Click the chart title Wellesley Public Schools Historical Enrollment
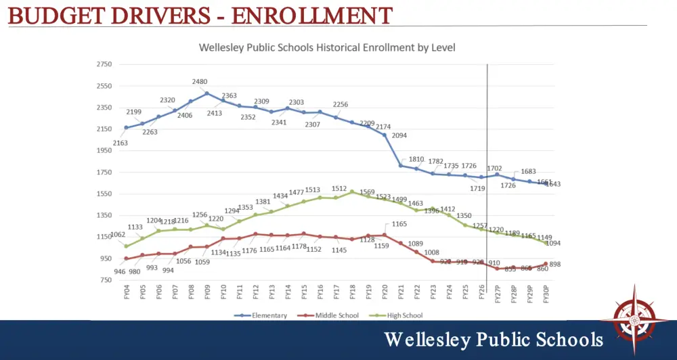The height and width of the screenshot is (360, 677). coord(326,48)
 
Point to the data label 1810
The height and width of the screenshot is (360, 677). coord(416,159)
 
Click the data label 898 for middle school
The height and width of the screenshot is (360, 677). coord(555,265)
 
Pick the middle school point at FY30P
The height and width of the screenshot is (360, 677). coord(546,264)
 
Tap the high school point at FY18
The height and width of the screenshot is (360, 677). coord(353,192)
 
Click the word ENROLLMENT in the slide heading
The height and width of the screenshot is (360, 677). coord(311,16)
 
